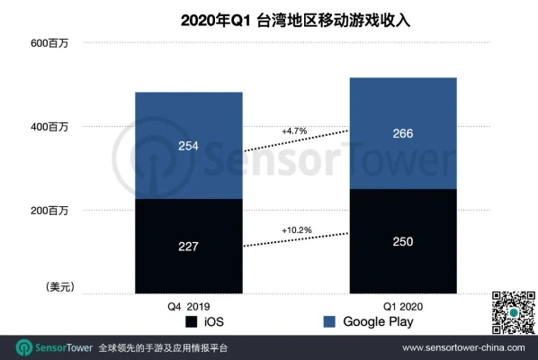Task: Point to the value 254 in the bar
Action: [x=188, y=146]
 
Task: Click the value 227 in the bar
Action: [x=188, y=246]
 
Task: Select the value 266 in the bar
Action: [x=403, y=133]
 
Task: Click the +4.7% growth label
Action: [x=294, y=131]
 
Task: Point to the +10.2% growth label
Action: [x=296, y=229]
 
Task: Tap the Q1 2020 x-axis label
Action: [x=403, y=305]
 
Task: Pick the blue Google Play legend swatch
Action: [x=329, y=322]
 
